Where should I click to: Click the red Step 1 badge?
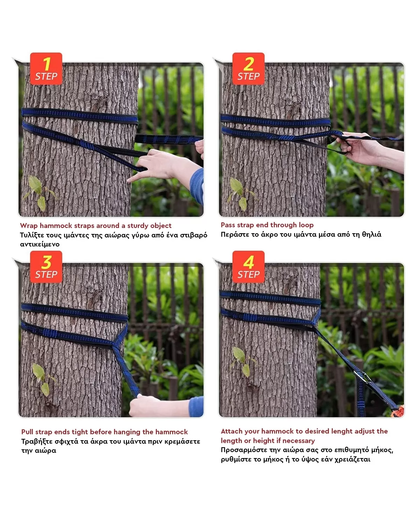[46, 69]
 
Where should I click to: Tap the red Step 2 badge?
[248, 69]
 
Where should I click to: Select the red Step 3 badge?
[46, 267]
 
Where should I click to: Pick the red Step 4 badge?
[248, 267]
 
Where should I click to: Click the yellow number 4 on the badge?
[248, 262]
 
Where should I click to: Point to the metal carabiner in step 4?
[362, 377]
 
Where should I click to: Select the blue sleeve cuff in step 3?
[196, 407]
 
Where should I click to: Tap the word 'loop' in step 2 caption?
[306, 225]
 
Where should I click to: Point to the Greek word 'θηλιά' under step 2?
[372, 234]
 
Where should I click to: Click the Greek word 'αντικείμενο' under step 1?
[40, 244]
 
